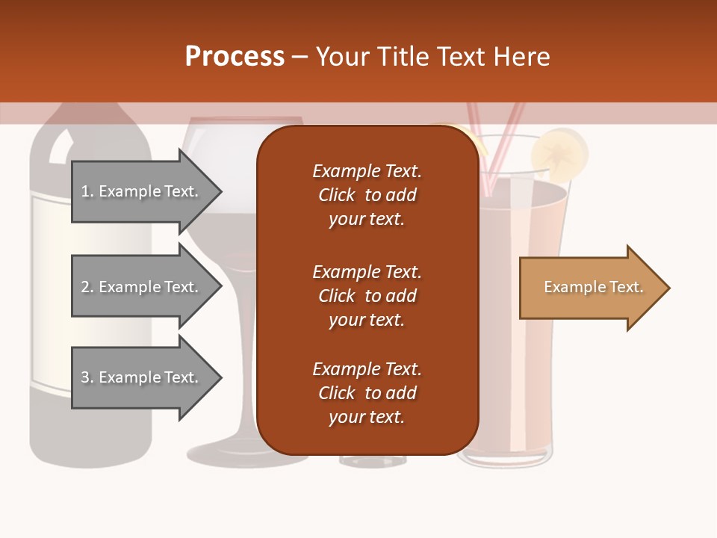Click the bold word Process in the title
coord(235,57)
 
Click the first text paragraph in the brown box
coord(367,195)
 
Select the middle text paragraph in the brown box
coord(367,296)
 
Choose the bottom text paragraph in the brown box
coord(367,393)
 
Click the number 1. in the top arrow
coord(87,191)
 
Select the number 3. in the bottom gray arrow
coord(87,377)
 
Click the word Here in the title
coord(523,57)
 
